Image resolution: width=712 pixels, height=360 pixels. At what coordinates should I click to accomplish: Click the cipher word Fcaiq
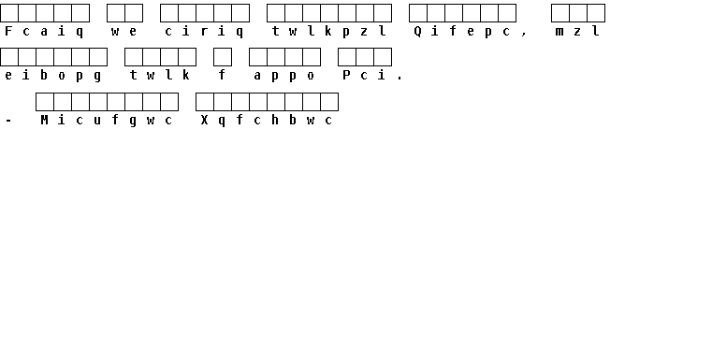(x=44, y=31)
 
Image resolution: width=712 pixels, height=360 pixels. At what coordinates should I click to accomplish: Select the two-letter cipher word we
(x=124, y=31)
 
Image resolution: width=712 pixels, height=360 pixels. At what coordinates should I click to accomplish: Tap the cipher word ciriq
(x=204, y=31)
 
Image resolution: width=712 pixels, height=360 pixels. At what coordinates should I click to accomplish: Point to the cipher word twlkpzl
(x=328, y=31)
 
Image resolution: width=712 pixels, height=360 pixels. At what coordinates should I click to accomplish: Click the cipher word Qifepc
(x=462, y=31)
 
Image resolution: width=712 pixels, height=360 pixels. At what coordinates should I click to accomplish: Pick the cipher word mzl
(x=577, y=31)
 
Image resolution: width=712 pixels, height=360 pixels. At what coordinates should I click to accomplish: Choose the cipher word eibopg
(x=52, y=76)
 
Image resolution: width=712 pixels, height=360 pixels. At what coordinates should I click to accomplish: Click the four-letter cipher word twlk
(x=159, y=76)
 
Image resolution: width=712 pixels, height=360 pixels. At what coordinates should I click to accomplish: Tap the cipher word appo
(x=283, y=76)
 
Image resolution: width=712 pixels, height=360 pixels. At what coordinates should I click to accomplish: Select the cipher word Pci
(x=364, y=76)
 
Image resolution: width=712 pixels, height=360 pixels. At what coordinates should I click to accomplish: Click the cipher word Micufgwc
(x=107, y=120)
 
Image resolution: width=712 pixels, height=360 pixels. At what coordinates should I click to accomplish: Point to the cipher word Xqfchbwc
(x=267, y=120)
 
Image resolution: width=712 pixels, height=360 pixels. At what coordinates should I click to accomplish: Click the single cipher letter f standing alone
(x=222, y=75)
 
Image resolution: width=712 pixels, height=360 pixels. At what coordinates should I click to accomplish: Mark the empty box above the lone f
(x=223, y=57)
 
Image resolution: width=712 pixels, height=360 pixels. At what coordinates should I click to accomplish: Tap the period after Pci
(x=400, y=79)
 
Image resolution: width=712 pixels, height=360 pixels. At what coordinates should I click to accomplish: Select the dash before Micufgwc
(x=8, y=121)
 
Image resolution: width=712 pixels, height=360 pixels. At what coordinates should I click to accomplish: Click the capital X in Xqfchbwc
(x=204, y=120)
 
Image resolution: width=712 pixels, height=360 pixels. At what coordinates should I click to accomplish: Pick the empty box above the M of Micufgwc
(x=45, y=102)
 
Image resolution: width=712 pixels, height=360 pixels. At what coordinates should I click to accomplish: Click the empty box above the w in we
(x=116, y=13)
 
